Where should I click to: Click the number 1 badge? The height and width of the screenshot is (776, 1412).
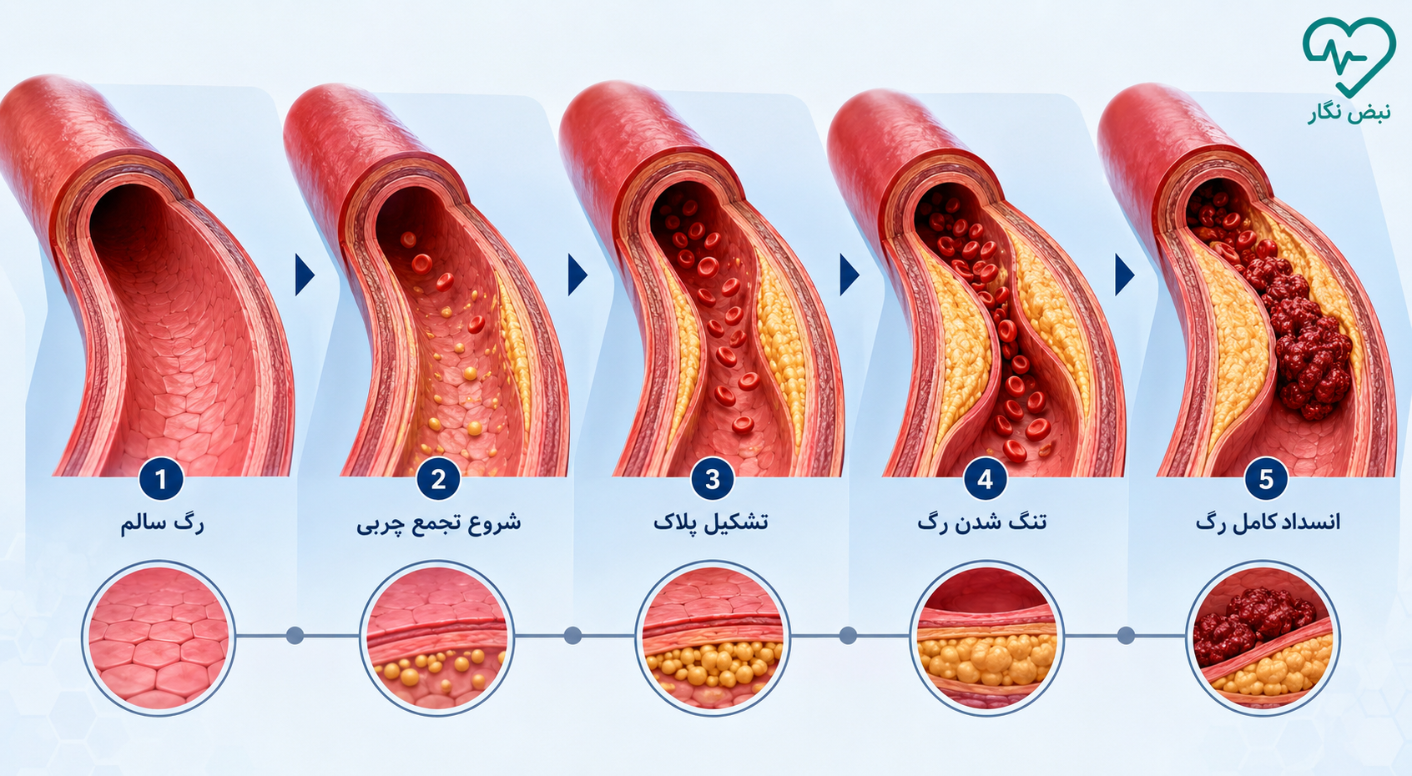coord(161,479)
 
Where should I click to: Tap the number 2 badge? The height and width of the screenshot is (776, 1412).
coord(438,479)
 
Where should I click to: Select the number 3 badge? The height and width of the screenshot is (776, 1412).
coord(713,479)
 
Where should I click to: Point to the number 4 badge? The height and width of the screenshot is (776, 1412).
coord(986,479)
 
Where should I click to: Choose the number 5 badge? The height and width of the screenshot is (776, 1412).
coord(1266,479)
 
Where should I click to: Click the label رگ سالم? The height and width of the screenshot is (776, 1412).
coord(162,524)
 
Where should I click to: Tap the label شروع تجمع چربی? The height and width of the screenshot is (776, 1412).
coord(439,524)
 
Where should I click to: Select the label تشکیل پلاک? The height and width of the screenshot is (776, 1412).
coord(710,522)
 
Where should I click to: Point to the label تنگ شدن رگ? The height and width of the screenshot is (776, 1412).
coord(982,522)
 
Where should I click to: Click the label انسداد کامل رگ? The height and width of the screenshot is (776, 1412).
coord(1268,522)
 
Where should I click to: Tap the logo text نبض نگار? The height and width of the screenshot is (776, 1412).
coord(1349,113)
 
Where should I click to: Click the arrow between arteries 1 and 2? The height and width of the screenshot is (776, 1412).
coord(305,275)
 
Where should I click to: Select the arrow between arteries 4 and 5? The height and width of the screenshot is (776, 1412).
coord(1125,275)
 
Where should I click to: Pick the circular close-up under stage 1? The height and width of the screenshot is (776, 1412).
coord(159,638)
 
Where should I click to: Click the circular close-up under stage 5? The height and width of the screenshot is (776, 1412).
coord(1263,638)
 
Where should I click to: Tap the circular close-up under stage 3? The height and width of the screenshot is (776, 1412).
coord(713,638)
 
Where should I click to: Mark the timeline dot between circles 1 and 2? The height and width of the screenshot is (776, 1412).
coord(295,636)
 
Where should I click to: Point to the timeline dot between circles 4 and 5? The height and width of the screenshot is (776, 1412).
coord(1126,636)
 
